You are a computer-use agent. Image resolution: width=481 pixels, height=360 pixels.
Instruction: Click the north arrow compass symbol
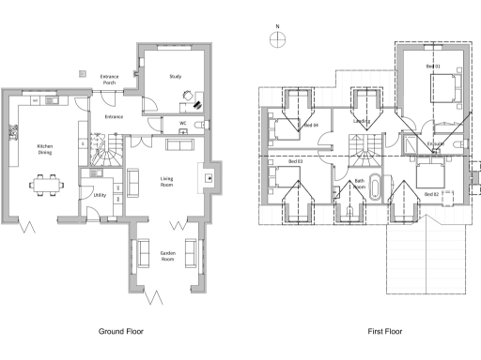pos(276,38)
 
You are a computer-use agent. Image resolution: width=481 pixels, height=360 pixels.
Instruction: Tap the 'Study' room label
pos(175,77)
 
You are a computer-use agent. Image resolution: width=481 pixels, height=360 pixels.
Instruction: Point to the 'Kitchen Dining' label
pos(44,149)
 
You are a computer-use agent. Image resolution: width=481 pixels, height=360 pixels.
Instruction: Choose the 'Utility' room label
pos(100,195)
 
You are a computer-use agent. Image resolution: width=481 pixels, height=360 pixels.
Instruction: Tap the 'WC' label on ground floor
pos(182,122)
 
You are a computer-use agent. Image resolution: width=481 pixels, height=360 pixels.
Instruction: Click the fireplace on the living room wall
pos(208,175)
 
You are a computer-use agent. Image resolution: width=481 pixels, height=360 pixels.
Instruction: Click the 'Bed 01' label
pos(432,67)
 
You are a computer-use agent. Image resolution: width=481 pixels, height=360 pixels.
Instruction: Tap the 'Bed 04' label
pos(311,125)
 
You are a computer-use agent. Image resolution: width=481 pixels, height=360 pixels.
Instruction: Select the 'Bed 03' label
pos(295,161)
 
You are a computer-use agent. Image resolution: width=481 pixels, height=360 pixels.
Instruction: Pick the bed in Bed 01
pos(443,89)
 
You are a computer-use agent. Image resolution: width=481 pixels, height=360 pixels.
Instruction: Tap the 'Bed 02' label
pos(431,194)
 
